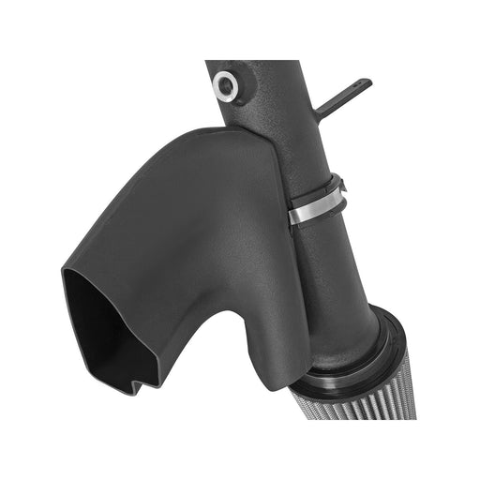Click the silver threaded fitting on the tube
coord(224,85)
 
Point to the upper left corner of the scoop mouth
coord(67,273)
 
